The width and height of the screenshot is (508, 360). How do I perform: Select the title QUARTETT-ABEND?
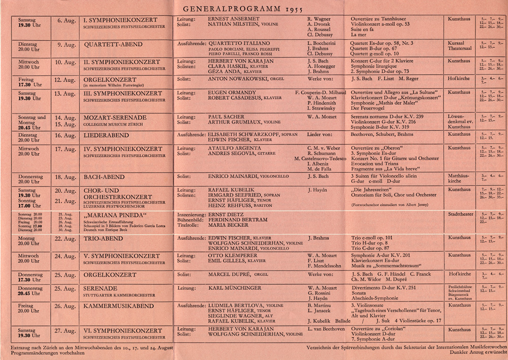(x=113, y=44)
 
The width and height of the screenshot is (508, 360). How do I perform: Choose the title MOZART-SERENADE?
(x=115, y=117)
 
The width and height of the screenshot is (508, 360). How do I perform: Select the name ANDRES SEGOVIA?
(x=230, y=154)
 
